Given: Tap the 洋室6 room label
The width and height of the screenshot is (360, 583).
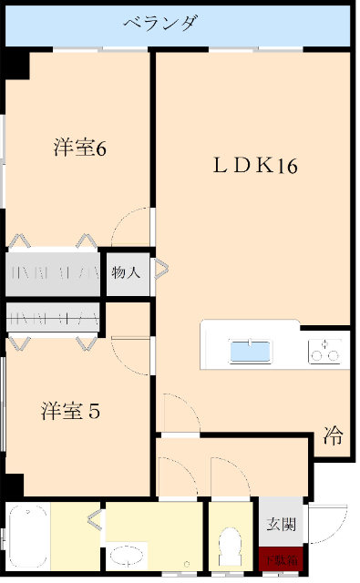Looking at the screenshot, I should (80, 148).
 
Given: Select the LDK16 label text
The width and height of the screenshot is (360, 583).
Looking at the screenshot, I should (256, 166).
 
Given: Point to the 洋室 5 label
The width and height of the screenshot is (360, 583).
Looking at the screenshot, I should (70, 411).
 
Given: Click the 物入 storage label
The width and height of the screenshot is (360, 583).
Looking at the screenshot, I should (126, 271).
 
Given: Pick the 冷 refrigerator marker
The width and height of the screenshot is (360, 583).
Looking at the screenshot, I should (334, 436).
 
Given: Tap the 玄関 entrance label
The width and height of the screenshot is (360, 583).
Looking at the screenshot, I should (281, 525).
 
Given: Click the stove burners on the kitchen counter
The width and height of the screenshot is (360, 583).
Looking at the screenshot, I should (327, 350).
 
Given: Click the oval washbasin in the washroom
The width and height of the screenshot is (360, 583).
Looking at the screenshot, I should (128, 554).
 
